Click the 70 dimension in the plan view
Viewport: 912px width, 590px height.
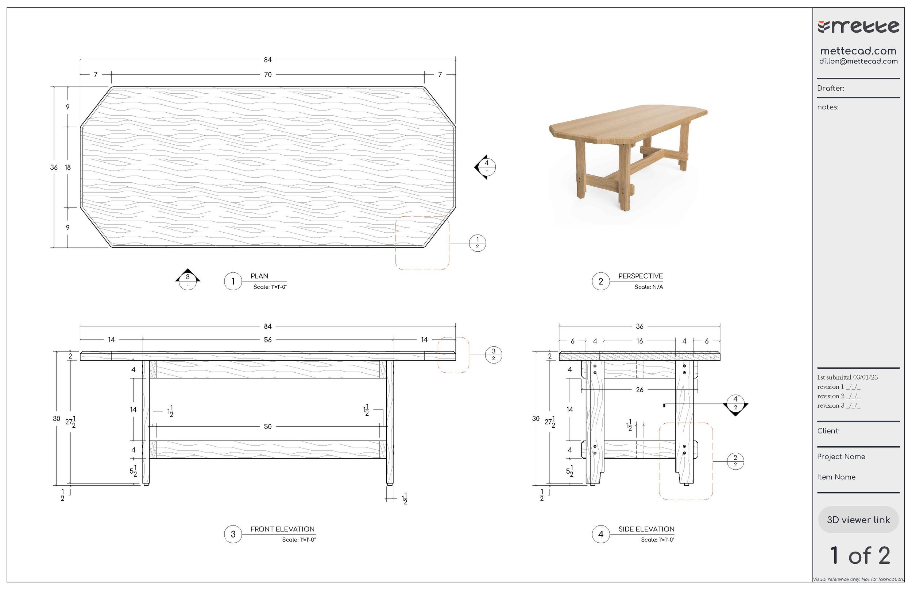267,74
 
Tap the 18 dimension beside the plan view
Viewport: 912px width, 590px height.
68,167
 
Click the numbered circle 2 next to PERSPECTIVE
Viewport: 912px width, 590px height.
600,282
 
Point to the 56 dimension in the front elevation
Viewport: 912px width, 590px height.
267,340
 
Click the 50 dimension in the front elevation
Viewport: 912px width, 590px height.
267,427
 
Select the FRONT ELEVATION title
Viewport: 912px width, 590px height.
282,529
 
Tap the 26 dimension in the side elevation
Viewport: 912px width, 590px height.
639,390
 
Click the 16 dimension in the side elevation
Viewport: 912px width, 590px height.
639,341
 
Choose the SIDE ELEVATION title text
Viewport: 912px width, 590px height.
646,529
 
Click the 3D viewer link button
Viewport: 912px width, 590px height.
858,520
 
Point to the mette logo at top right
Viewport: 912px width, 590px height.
858,27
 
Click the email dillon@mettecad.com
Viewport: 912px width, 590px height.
858,61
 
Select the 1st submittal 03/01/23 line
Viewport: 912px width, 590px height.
847,377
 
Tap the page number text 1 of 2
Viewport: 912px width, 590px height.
859,556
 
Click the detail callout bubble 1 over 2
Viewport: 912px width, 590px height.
478,243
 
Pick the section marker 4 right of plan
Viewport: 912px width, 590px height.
486,167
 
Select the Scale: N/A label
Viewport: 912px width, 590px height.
648,287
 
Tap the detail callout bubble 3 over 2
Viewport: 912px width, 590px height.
494,355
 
